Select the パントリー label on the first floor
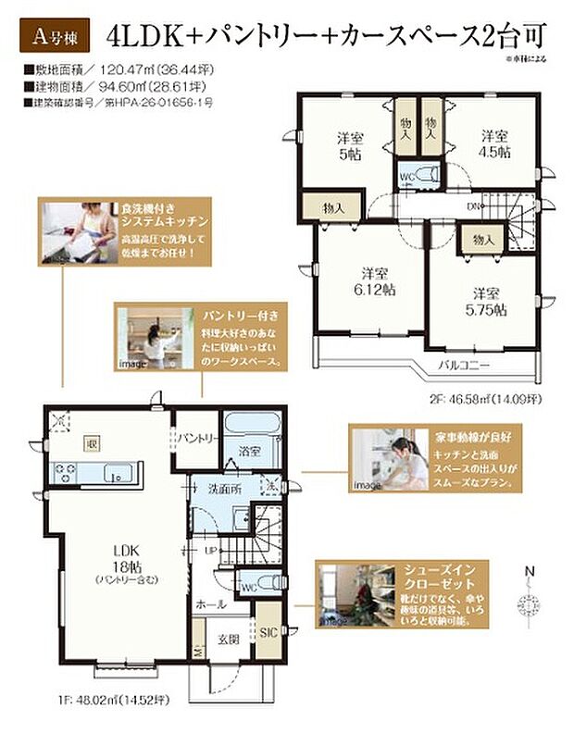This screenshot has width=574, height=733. (197, 437)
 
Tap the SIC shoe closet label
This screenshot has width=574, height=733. (265, 633)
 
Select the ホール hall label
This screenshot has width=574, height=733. (211, 603)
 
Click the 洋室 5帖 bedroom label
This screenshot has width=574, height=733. (349, 145)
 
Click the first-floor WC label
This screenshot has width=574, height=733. (248, 586)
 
